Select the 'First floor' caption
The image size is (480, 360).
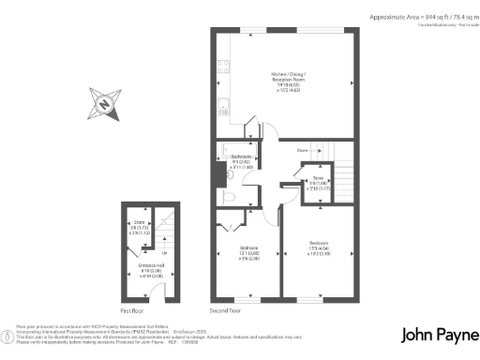(134, 308)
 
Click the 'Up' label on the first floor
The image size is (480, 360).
(166, 253)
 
